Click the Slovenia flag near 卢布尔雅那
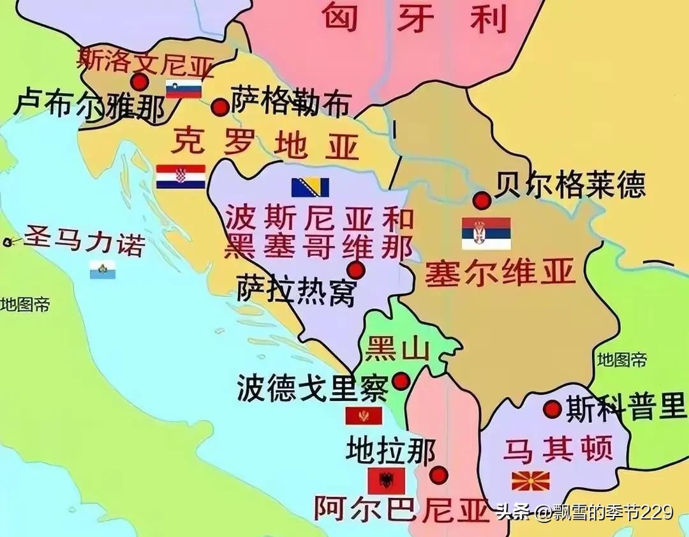point(184,89)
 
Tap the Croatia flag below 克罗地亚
point(181,177)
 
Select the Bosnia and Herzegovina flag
point(310,187)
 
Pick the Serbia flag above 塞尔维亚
point(486,233)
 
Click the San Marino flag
point(102,269)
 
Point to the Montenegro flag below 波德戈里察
point(364,416)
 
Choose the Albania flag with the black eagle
point(386,480)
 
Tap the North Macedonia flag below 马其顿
point(530,480)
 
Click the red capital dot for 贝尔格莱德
point(482,200)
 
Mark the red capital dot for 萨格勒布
point(220,107)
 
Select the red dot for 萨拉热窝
point(356,269)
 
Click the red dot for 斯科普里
point(552,409)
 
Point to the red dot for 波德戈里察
point(401,381)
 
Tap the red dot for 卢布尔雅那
point(139,82)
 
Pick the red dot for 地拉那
point(438,475)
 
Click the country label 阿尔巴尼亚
point(401,509)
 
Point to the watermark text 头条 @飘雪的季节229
point(584,512)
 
